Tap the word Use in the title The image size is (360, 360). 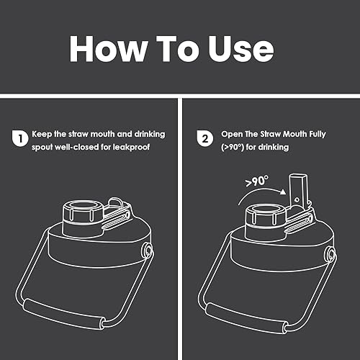[x=240, y=49]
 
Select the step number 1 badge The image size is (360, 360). [x=20, y=138]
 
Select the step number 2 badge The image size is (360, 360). [x=204, y=138]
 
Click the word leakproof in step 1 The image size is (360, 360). [x=131, y=147]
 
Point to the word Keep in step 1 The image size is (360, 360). [x=42, y=134]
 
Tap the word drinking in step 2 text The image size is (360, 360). [x=273, y=147]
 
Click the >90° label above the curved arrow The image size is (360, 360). [x=257, y=181]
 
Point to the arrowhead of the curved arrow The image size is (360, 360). [x=283, y=192]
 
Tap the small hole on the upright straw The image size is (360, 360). [x=297, y=199]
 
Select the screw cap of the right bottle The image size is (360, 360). [x=266, y=216]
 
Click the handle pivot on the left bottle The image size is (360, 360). [x=147, y=250]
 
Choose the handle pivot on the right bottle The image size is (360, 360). [x=330, y=254]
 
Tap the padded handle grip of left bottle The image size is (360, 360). [x=64, y=314]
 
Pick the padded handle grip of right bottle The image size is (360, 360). [x=246, y=318]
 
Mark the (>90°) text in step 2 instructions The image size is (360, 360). [x=233, y=147]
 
